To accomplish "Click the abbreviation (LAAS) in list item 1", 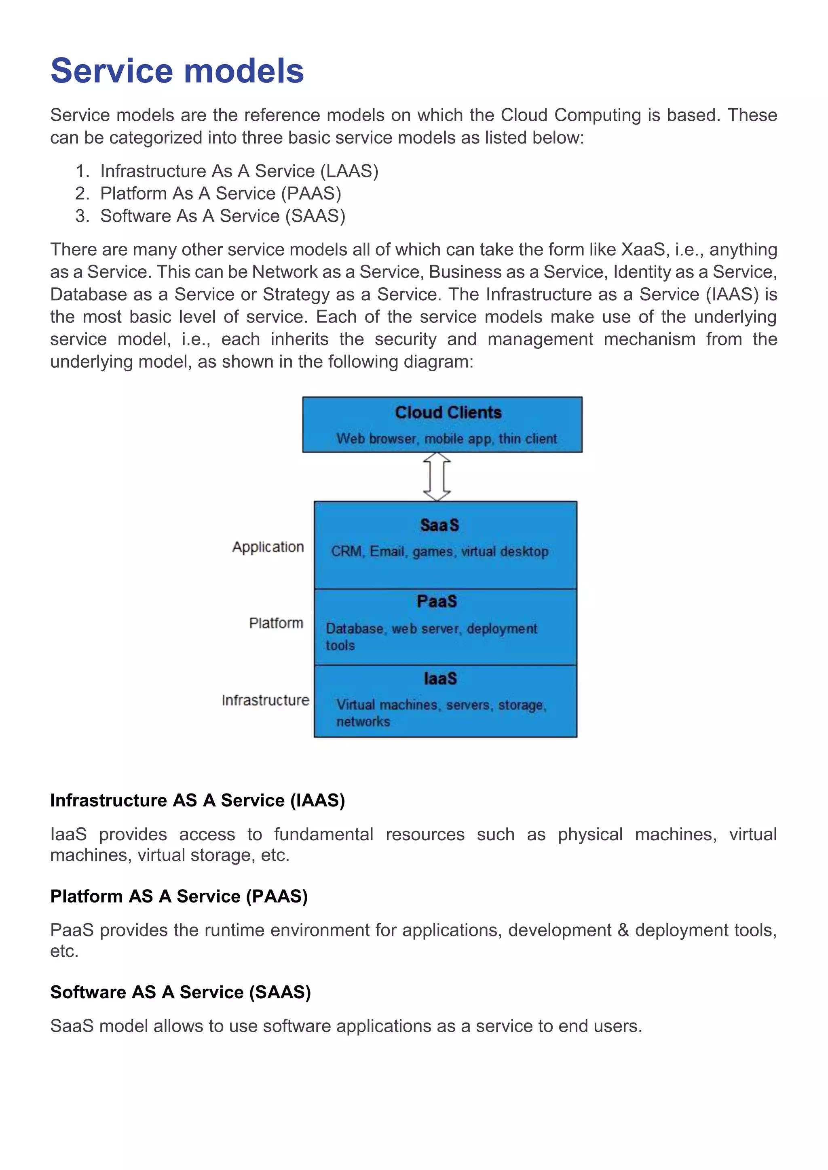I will (349, 171).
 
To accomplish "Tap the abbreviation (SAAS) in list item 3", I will (315, 216).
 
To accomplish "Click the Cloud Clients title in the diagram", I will (448, 412).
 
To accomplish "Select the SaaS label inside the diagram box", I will (439, 525).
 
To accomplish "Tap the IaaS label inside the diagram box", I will (440, 678).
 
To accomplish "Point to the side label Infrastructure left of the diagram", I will (265, 700).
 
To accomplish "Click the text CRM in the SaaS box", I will (346, 551).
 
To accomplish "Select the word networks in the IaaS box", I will (363, 722).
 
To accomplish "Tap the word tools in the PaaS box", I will (340, 645).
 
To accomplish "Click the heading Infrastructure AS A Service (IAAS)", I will (197, 800).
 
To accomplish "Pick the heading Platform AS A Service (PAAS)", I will (179, 896).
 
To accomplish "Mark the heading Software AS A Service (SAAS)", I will (180, 992).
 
